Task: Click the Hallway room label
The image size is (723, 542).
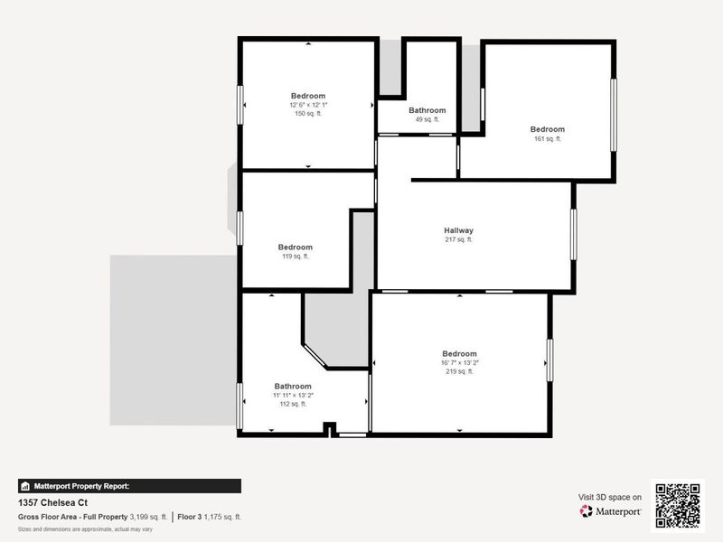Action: [458, 230]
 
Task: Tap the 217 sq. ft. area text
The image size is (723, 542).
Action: [458, 239]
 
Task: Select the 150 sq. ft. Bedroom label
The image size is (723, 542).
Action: [307, 96]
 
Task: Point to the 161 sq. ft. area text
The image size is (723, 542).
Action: [547, 138]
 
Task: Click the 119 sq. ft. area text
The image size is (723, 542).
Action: [295, 257]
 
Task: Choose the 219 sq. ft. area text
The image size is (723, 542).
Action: [459, 371]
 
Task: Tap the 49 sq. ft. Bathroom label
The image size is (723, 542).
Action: [427, 110]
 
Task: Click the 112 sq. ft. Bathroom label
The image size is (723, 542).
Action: [293, 386]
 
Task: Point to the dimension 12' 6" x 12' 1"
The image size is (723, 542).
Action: [307, 105]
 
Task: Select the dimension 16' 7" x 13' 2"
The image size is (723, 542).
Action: [459, 362]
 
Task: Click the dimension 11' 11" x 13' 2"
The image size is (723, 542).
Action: [293, 395]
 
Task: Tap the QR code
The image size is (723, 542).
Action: [678, 504]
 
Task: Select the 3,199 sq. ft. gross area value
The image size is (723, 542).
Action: [147, 517]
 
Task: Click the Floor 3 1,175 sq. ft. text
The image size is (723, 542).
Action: [210, 517]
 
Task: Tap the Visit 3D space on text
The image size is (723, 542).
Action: [610, 497]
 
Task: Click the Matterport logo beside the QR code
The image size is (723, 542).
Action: [610, 511]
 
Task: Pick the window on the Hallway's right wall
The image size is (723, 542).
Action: [573, 235]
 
